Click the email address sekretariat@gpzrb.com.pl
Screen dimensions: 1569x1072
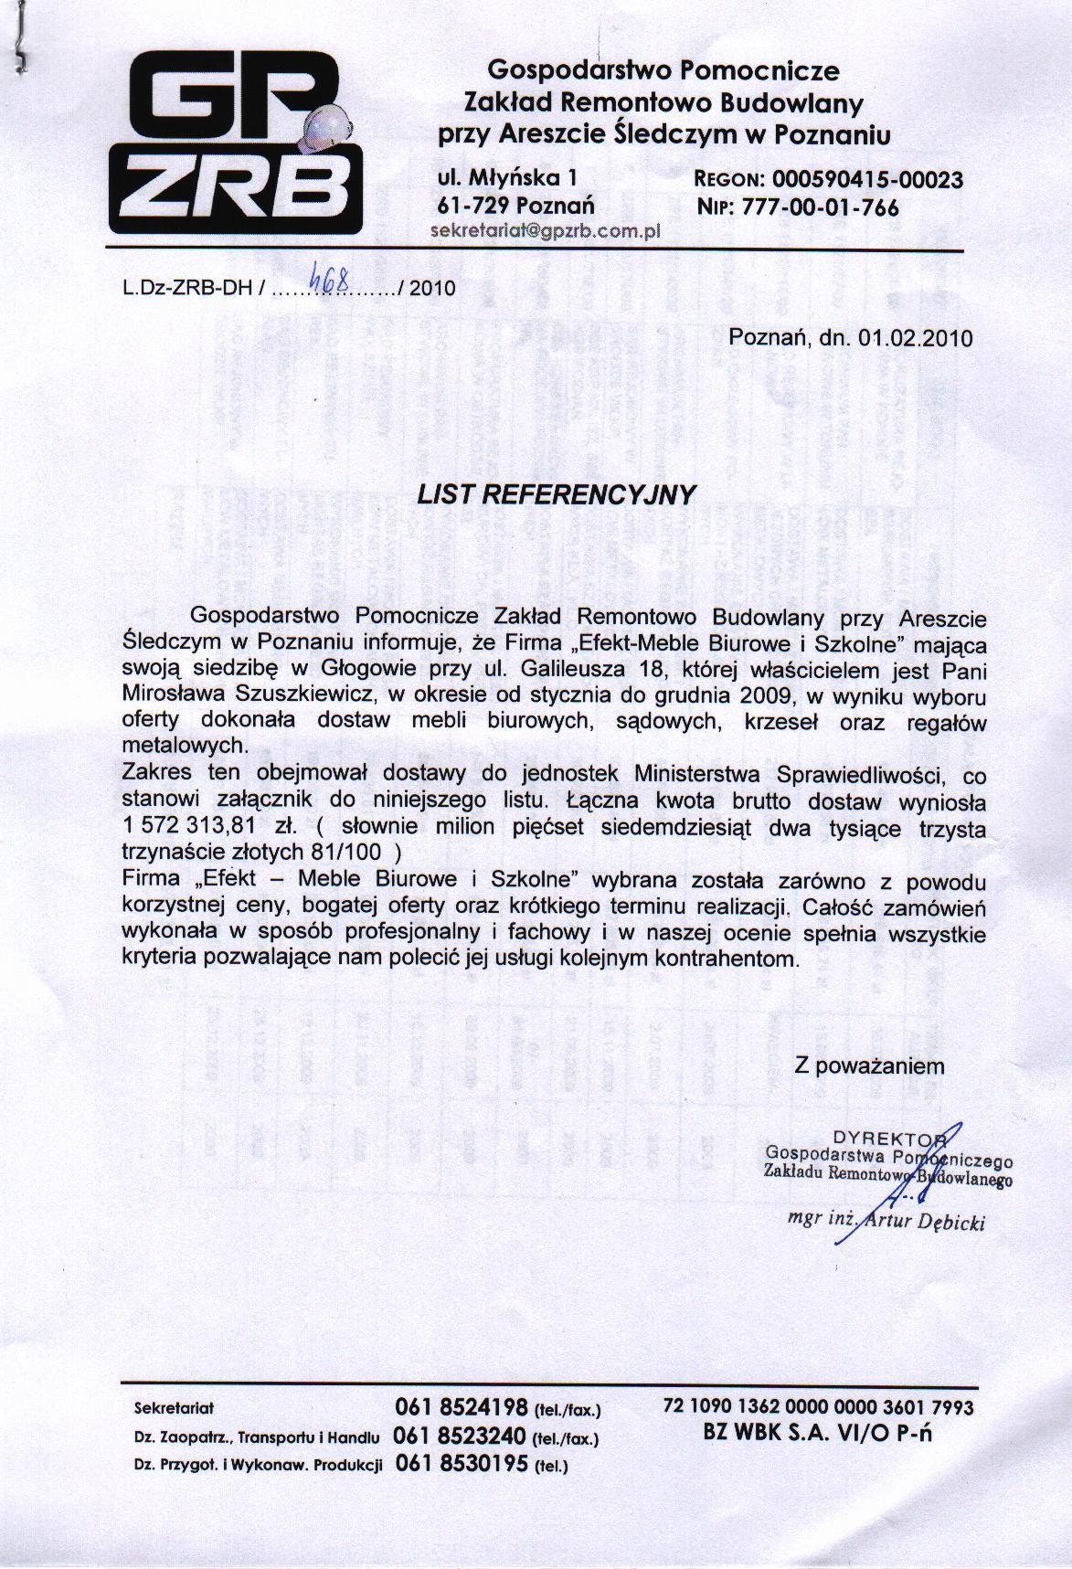tap(544, 231)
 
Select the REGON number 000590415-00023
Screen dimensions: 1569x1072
tap(867, 179)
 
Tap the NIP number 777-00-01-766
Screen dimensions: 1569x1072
tap(821, 207)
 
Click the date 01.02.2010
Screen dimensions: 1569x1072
tap(916, 337)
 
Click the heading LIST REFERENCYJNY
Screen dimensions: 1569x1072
tap(556, 494)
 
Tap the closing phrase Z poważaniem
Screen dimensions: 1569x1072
tap(869, 1065)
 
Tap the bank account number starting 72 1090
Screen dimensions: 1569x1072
tap(818, 1408)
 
